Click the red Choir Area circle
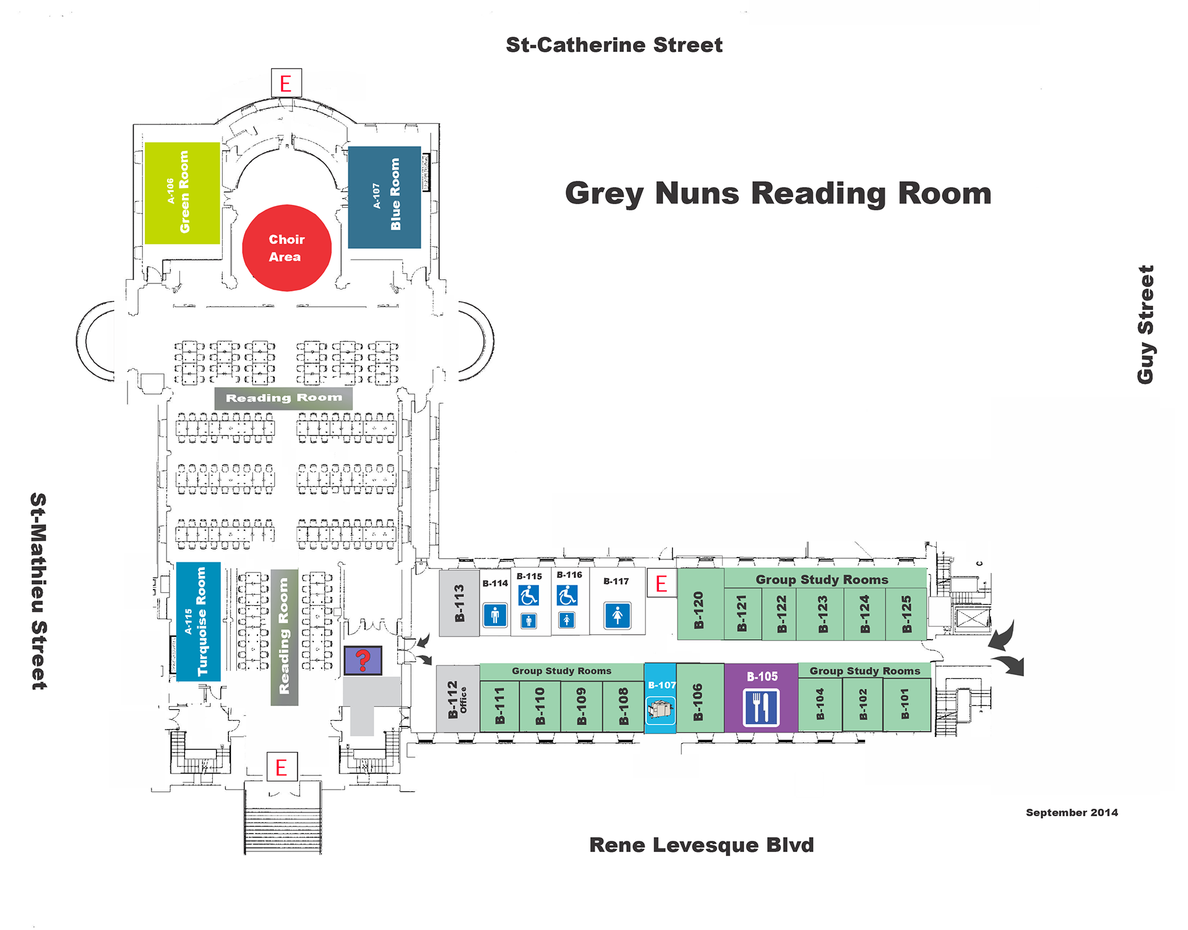286,248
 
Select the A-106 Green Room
182,193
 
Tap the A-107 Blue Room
384,197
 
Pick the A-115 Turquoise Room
198,621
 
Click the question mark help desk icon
363,660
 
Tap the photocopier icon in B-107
660,710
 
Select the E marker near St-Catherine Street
286,83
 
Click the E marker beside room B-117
661,583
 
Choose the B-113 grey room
459,603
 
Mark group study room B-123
822,613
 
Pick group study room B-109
581,705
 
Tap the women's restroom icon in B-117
617,616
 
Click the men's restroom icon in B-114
495,616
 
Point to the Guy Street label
1145,325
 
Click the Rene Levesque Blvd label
701,845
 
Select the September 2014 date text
1072,812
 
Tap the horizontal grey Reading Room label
283,398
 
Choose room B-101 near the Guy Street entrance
905,704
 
